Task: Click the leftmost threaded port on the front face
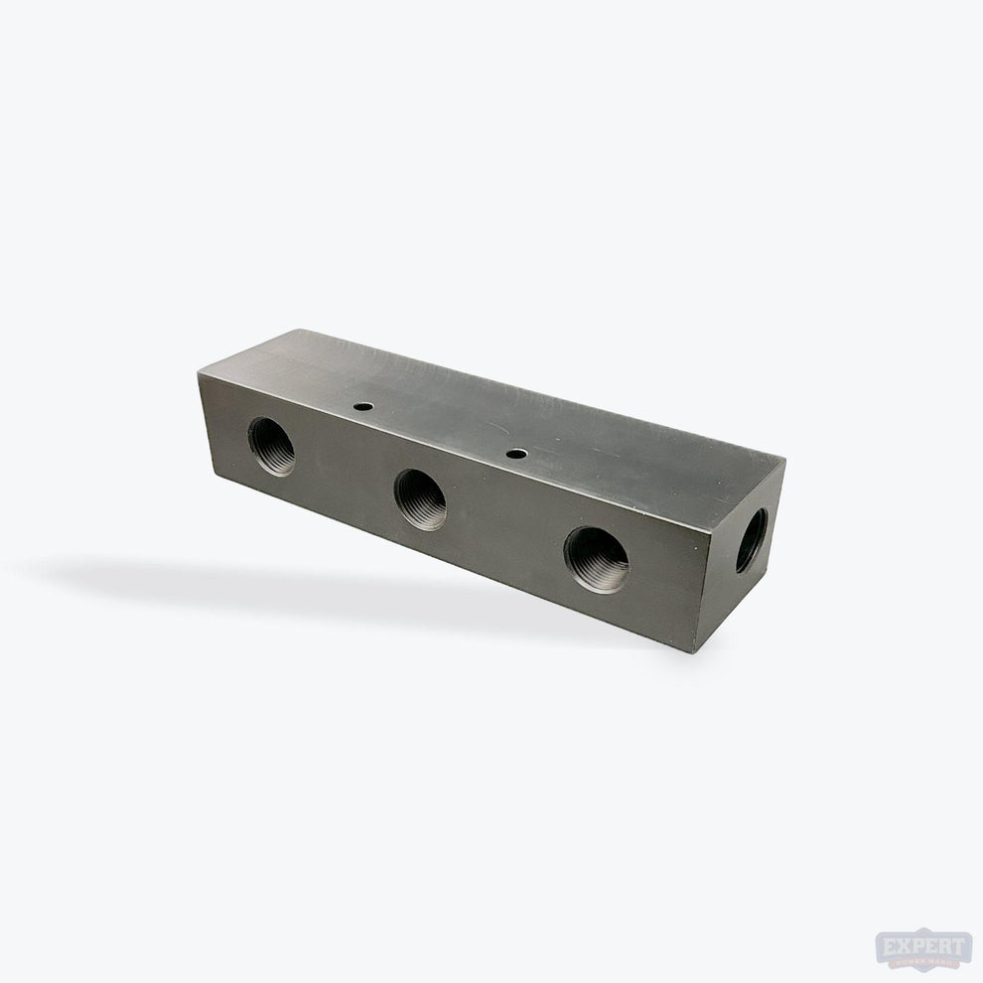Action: pos(271,446)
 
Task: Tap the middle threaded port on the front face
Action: pos(420,498)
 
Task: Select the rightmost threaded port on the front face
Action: pos(596,559)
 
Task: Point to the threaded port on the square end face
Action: pos(751,540)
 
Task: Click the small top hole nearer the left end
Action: pos(364,406)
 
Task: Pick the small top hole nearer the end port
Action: pos(515,454)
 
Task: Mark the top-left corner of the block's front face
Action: pos(200,373)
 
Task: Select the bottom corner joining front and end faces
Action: pos(696,651)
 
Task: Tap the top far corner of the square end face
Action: pos(785,461)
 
